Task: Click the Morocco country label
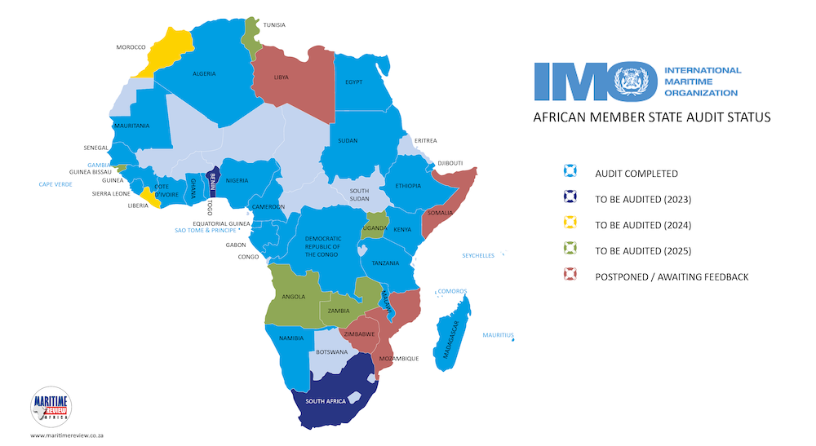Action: point(130,47)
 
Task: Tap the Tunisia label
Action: point(274,24)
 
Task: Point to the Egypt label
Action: point(353,82)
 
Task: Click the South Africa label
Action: point(326,401)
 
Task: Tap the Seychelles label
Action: point(478,255)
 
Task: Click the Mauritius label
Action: point(498,335)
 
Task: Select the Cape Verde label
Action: point(55,184)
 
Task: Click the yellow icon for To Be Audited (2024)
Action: point(570,224)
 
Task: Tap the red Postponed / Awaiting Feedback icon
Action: point(570,276)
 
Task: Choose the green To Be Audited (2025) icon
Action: point(570,250)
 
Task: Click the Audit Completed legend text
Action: point(636,173)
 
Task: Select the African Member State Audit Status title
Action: point(651,117)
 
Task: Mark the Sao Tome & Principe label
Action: point(211,231)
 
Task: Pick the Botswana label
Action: point(332,352)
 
